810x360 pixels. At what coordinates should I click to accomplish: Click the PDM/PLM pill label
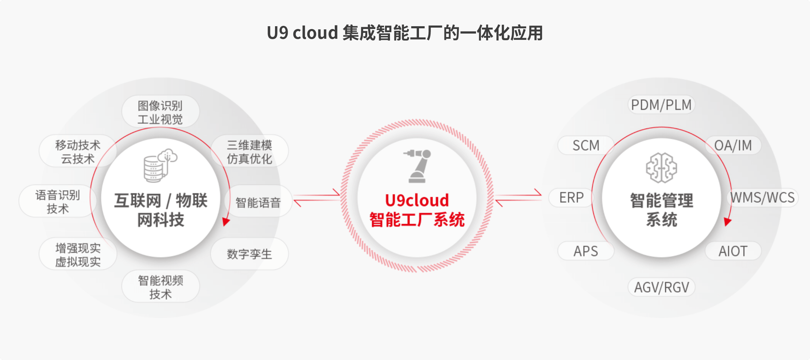point(661,105)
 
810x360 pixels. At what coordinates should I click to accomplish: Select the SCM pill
point(586,145)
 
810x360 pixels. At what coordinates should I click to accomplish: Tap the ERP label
point(571,198)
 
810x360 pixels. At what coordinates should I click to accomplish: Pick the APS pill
point(586,251)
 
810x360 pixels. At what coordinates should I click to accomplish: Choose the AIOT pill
point(733,251)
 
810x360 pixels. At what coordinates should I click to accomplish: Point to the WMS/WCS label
point(762,198)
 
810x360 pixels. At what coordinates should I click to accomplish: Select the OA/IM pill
point(733,145)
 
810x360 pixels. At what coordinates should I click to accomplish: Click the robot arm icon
point(417,166)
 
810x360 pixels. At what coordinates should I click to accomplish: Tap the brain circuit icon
point(661,168)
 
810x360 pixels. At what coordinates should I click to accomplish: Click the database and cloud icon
point(160,165)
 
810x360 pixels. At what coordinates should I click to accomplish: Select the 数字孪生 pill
point(249,254)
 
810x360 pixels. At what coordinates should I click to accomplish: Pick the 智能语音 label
point(258,202)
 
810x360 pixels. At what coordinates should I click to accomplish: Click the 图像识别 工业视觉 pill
point(160,112)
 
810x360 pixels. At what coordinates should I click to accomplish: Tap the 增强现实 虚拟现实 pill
point(78,255)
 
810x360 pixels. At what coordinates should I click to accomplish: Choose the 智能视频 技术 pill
point(160,287)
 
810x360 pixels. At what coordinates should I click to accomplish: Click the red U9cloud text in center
point(417,201)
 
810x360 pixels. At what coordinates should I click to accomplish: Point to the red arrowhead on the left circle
point(226,222)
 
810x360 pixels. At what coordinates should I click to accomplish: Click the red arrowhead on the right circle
point(727,222)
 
